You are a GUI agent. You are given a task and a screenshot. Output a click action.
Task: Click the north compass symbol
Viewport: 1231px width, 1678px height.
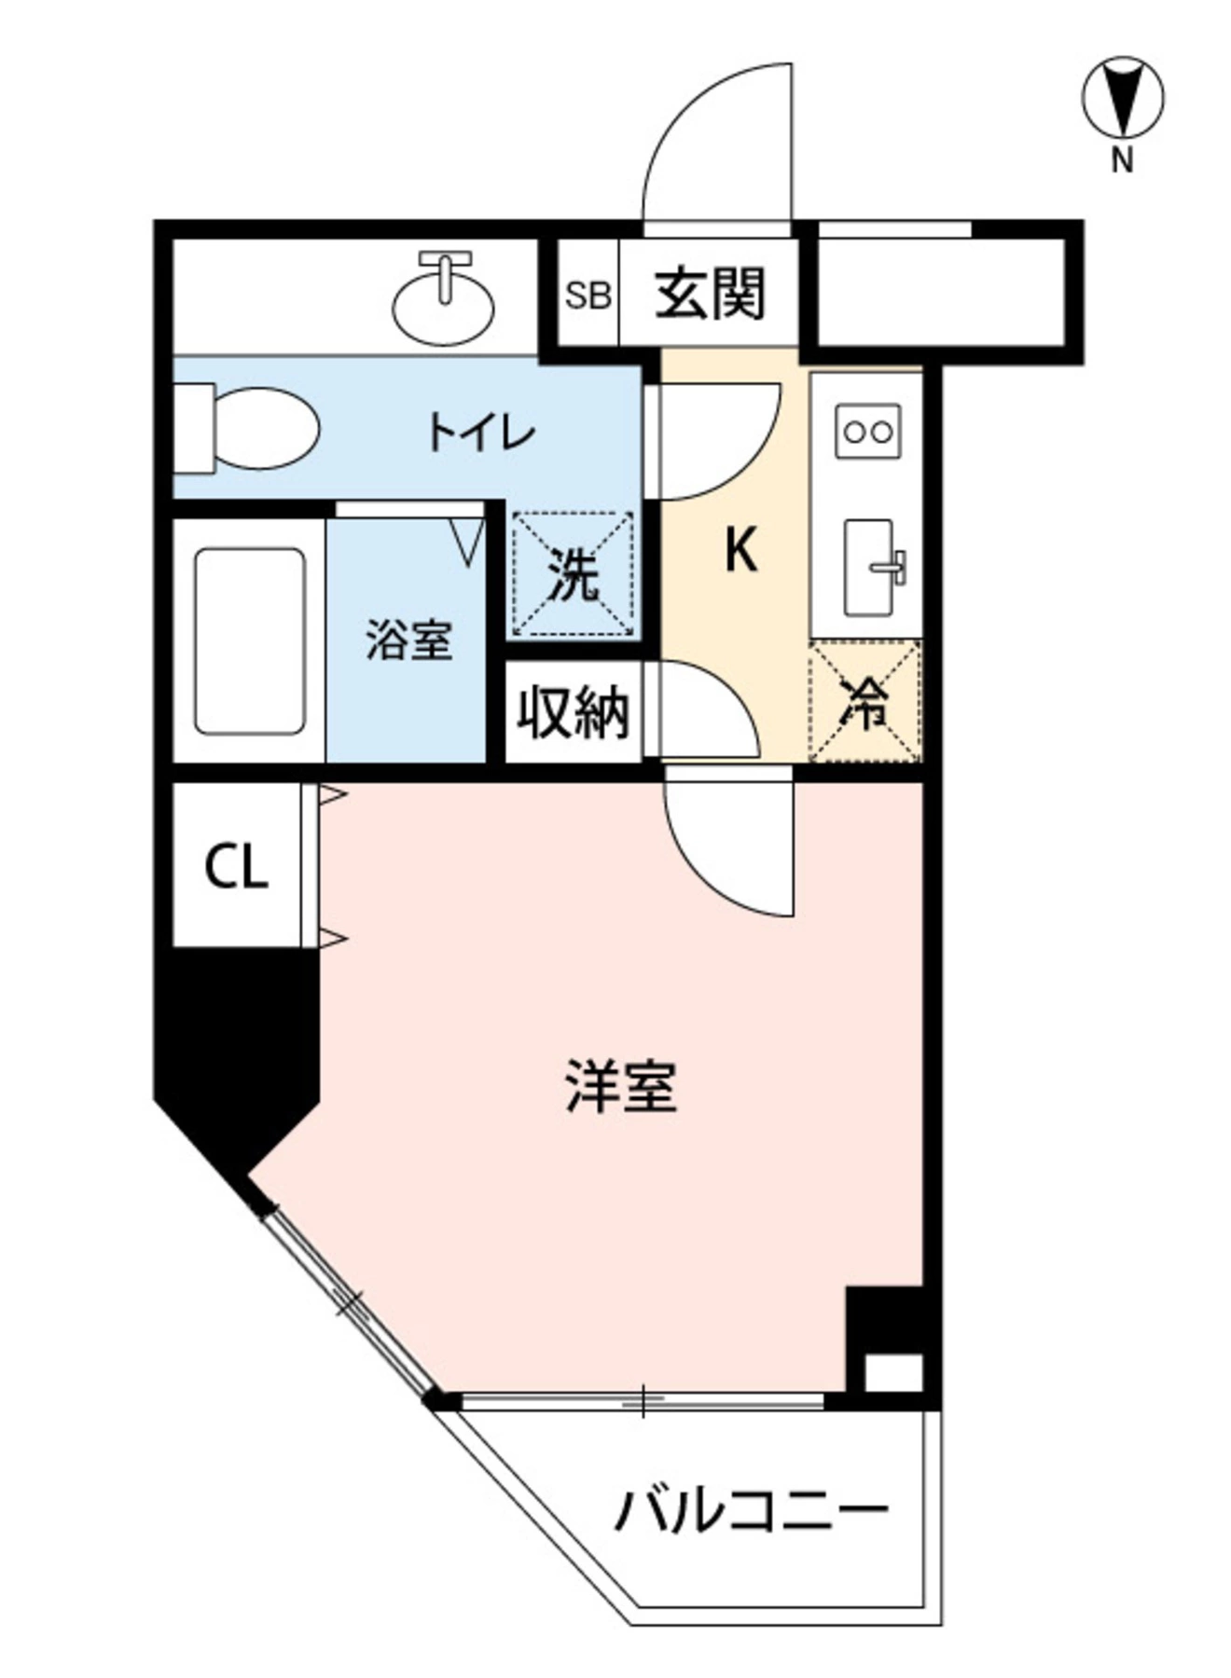tap(1123, 97)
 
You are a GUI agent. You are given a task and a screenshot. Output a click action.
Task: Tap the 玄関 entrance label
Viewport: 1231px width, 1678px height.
tap(710, 294)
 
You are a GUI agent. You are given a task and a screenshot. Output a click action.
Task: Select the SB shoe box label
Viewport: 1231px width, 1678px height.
tap(588, 296)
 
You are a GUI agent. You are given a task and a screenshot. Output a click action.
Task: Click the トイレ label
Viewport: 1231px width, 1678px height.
tap(481, 433)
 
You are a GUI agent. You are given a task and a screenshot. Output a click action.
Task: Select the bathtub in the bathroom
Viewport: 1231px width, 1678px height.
tap(249, 641)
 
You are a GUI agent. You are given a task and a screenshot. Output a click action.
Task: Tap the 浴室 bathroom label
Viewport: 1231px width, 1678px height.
tap(408, 640)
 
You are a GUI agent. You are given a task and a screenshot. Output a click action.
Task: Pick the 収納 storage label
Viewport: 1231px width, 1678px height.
tap(574, 712)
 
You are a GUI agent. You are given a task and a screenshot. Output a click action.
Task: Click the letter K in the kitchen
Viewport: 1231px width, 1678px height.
tap(740, 550)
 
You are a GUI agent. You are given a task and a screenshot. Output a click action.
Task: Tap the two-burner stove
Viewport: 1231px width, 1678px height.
tap(867, 431)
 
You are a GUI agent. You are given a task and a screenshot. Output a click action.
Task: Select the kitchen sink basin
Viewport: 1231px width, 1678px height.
tap(869, 567)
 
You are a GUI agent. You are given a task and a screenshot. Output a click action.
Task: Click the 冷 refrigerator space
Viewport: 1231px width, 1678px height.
tap(865, 702)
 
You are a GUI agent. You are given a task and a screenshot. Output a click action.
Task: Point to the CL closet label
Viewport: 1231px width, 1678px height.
tap(236, 867)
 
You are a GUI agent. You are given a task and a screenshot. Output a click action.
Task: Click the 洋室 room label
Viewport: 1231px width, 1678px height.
tap(621, 1087)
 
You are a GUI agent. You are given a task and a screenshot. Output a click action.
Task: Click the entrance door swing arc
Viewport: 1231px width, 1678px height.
tap(717, 140)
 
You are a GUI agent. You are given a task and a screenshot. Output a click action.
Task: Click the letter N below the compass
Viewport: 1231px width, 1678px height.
tap(1122, 161)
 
